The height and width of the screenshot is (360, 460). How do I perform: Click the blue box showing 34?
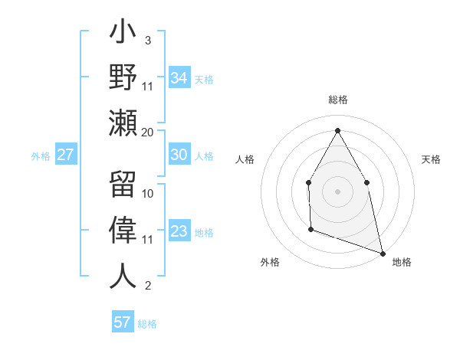coord(179,78)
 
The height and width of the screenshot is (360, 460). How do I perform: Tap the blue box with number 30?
coord(179,155)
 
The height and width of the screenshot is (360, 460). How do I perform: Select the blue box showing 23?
coord(179,231)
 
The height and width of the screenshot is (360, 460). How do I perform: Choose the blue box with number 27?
coord(66,155)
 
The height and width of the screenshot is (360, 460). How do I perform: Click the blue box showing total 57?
coord(123,322)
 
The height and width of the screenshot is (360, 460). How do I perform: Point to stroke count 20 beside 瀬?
coord(148,132)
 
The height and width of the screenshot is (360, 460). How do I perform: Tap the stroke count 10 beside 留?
coord(148,193)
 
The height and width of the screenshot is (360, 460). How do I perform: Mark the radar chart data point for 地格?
coord(382,252)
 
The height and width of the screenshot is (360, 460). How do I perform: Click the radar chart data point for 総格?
coord(337,129)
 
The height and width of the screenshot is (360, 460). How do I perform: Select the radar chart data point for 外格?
coord(310,229)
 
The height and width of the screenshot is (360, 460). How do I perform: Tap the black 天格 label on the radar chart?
coord(432,159)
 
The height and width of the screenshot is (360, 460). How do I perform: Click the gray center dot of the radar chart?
coord(337,191)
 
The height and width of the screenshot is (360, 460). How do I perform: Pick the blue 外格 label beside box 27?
coord(41,156)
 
